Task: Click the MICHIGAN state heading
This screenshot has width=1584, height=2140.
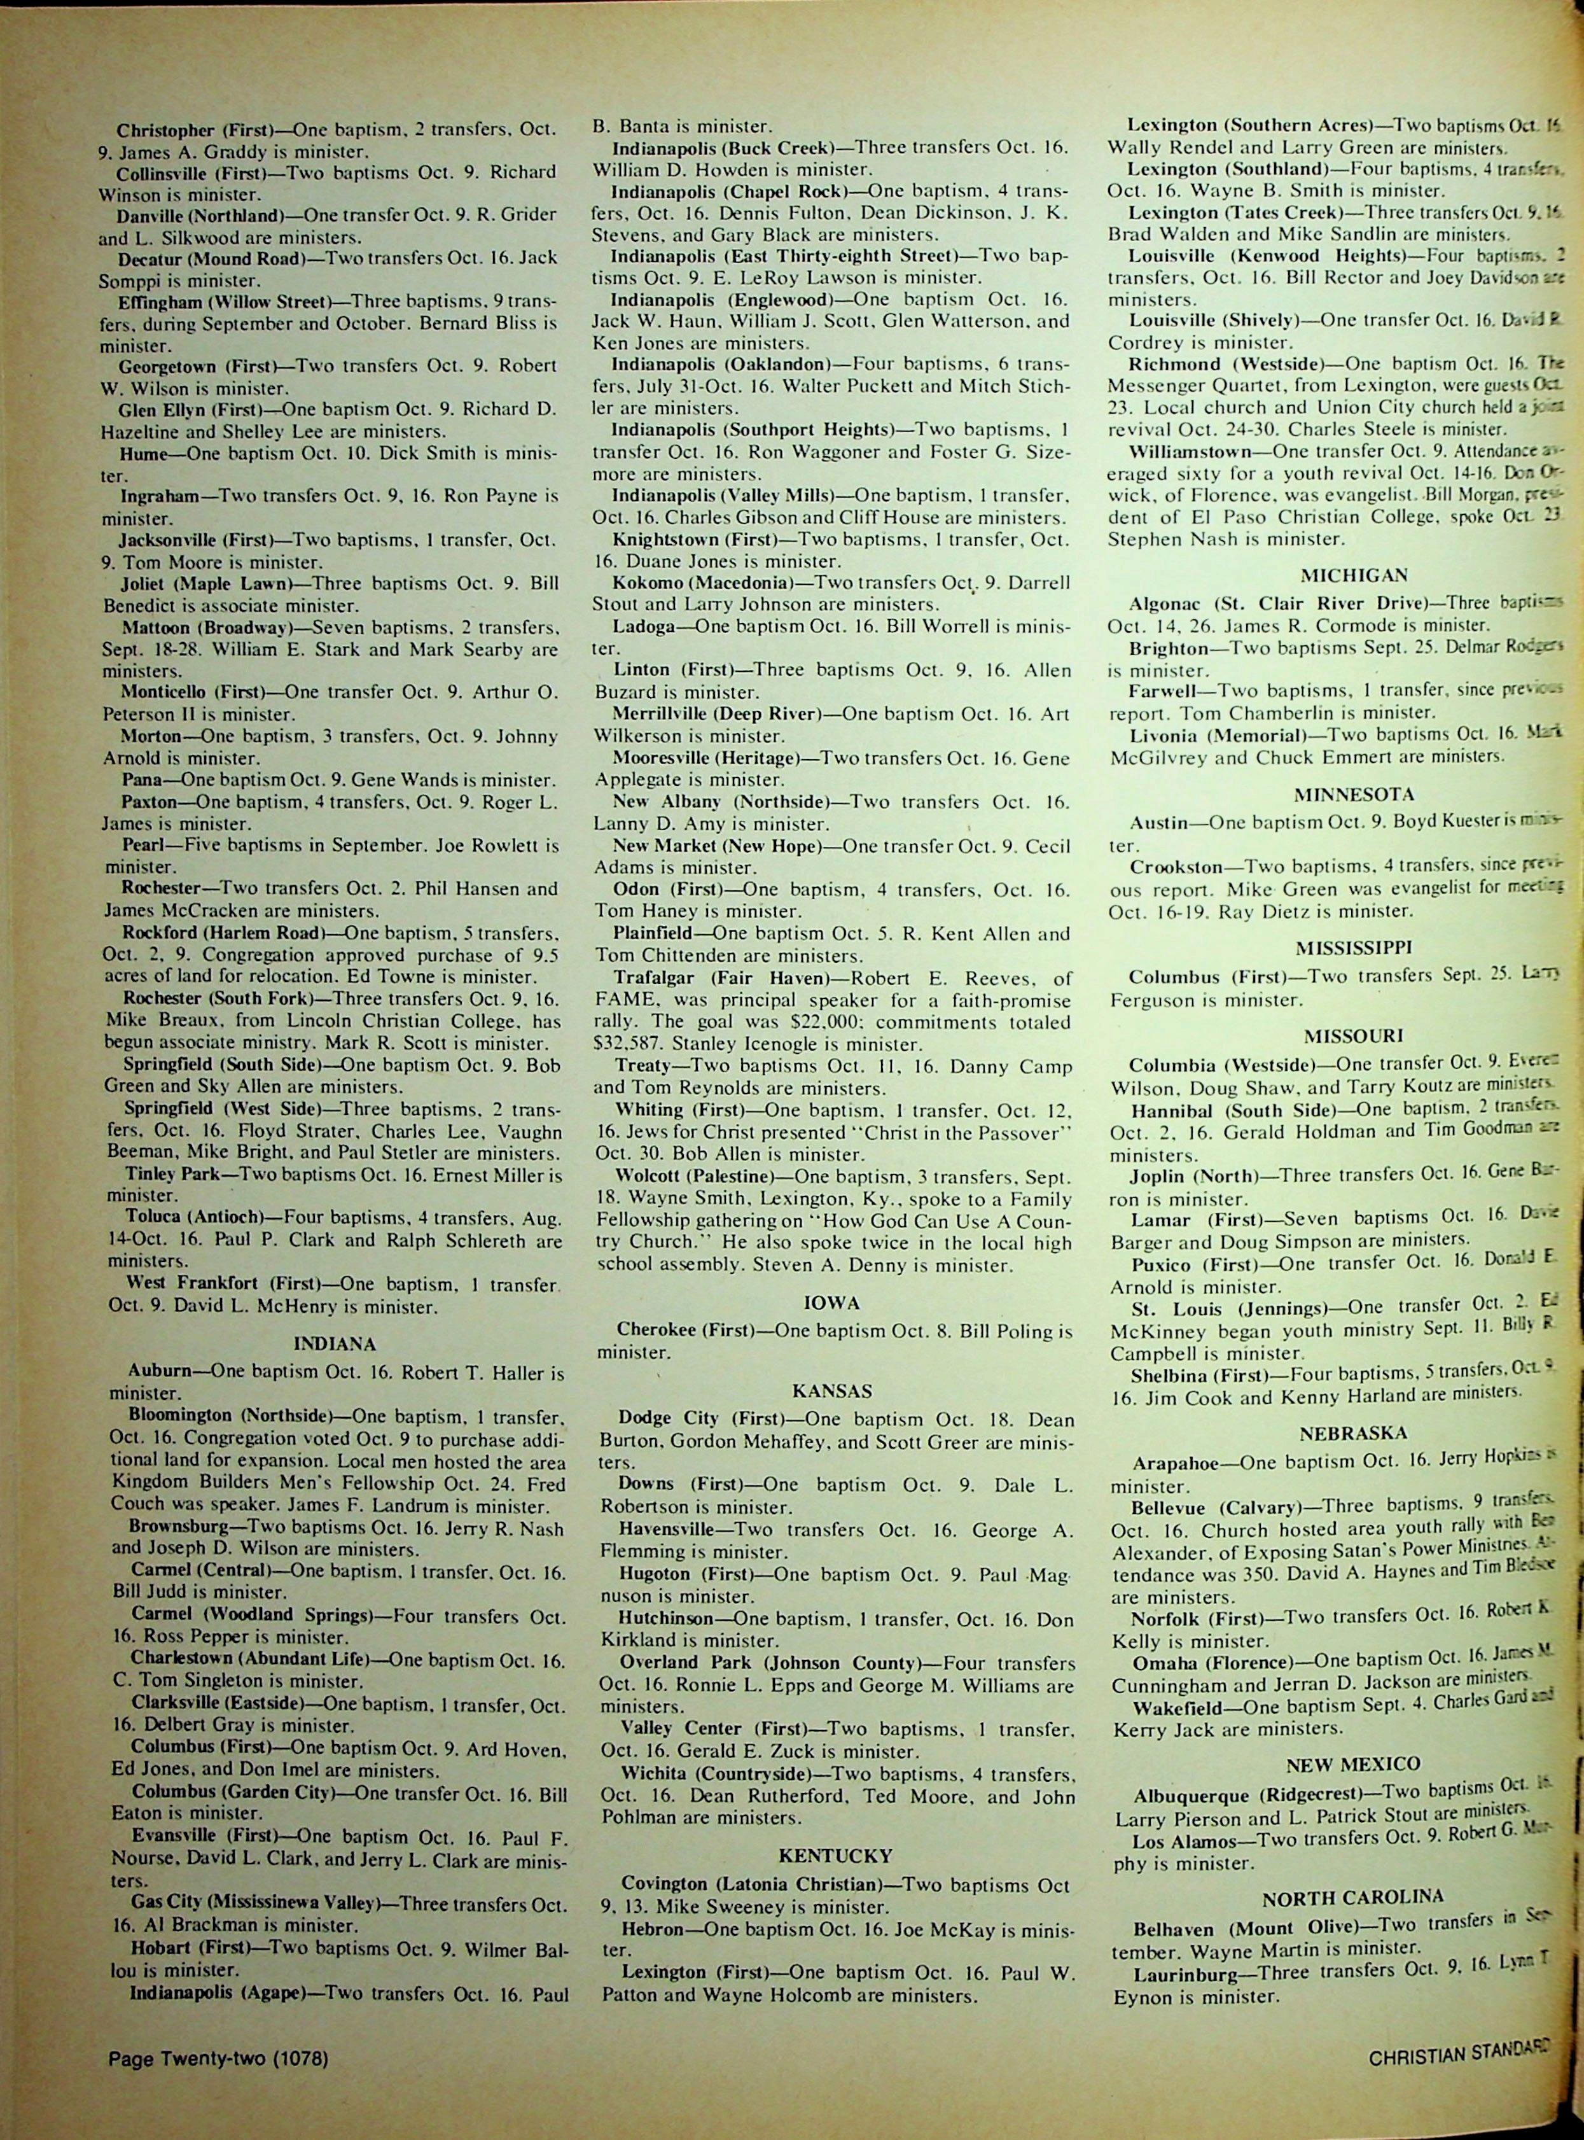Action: pyautogui.click(x=1353, y=575)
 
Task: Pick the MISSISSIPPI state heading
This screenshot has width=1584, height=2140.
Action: pyautogui.click(x=1353, y=922)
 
